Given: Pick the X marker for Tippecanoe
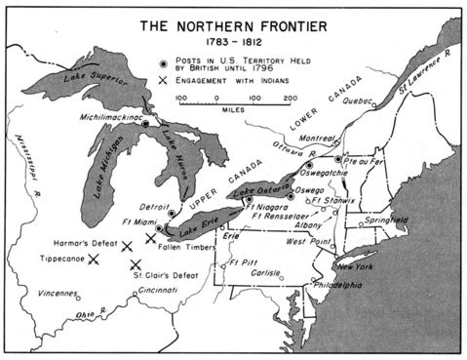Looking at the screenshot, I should [x=95, y=260].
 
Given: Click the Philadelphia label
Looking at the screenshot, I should [x=337, y=285].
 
